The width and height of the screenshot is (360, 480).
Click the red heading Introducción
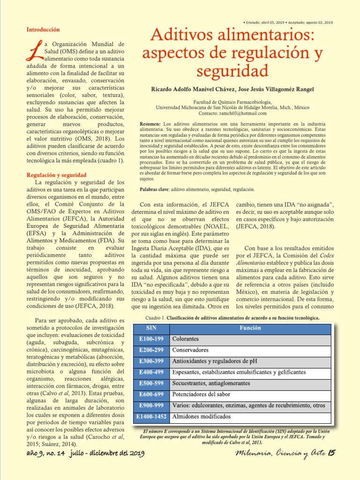point(43,30)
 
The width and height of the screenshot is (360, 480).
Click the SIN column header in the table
point(151,328)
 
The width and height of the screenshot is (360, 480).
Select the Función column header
point(250,328)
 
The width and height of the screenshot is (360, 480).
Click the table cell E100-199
point(151,339)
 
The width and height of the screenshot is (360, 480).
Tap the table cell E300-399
point(151,361)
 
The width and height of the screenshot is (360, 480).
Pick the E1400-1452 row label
point(151,416)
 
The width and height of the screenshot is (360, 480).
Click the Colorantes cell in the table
point(186,339)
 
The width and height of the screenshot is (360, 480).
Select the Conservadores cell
point(191,350)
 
